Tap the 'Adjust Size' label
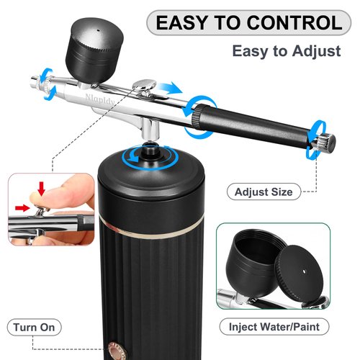pyautogui.click(x=264, y=192)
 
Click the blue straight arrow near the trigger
pyautogui.click(x=169, y=87)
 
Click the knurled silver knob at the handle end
pyautogui.click(x=322, y=139)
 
